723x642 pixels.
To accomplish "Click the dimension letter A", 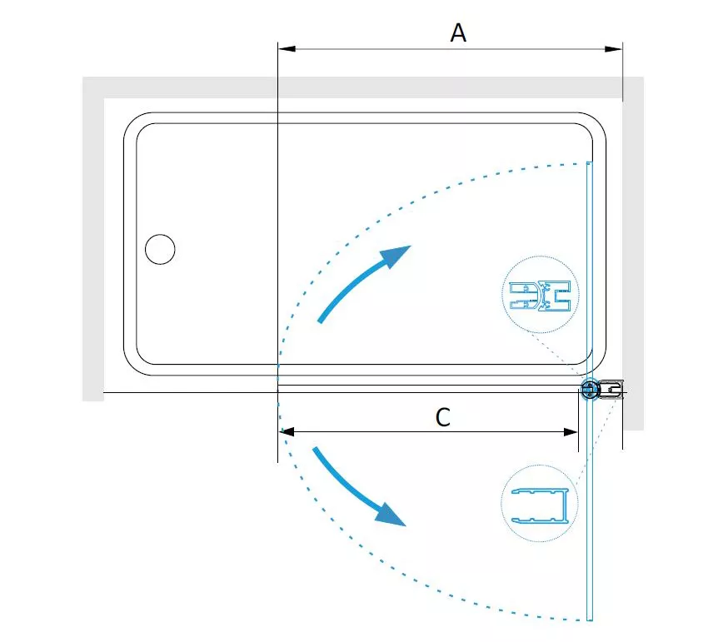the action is (x=458, y=32).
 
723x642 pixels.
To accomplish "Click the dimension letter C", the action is (x=442, y=417).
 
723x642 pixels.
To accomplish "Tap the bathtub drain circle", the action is (x=160, y=249).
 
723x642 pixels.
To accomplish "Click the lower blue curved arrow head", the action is (x=391, y=515).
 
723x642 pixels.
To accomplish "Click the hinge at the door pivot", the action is (x=589, y=391).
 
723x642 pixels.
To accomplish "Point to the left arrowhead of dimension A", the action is (x=287, y=49).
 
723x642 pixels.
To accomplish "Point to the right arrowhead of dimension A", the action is (x=614, y=49).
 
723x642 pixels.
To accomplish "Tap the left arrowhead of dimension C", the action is (x=287, y=432).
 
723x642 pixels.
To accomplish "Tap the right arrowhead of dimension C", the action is (x=571, y=432).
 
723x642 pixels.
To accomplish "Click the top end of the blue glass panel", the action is (x=589, y=162).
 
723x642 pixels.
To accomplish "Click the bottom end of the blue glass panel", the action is (x=589, y=620).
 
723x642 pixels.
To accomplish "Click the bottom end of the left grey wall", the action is (x=93, y=400).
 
